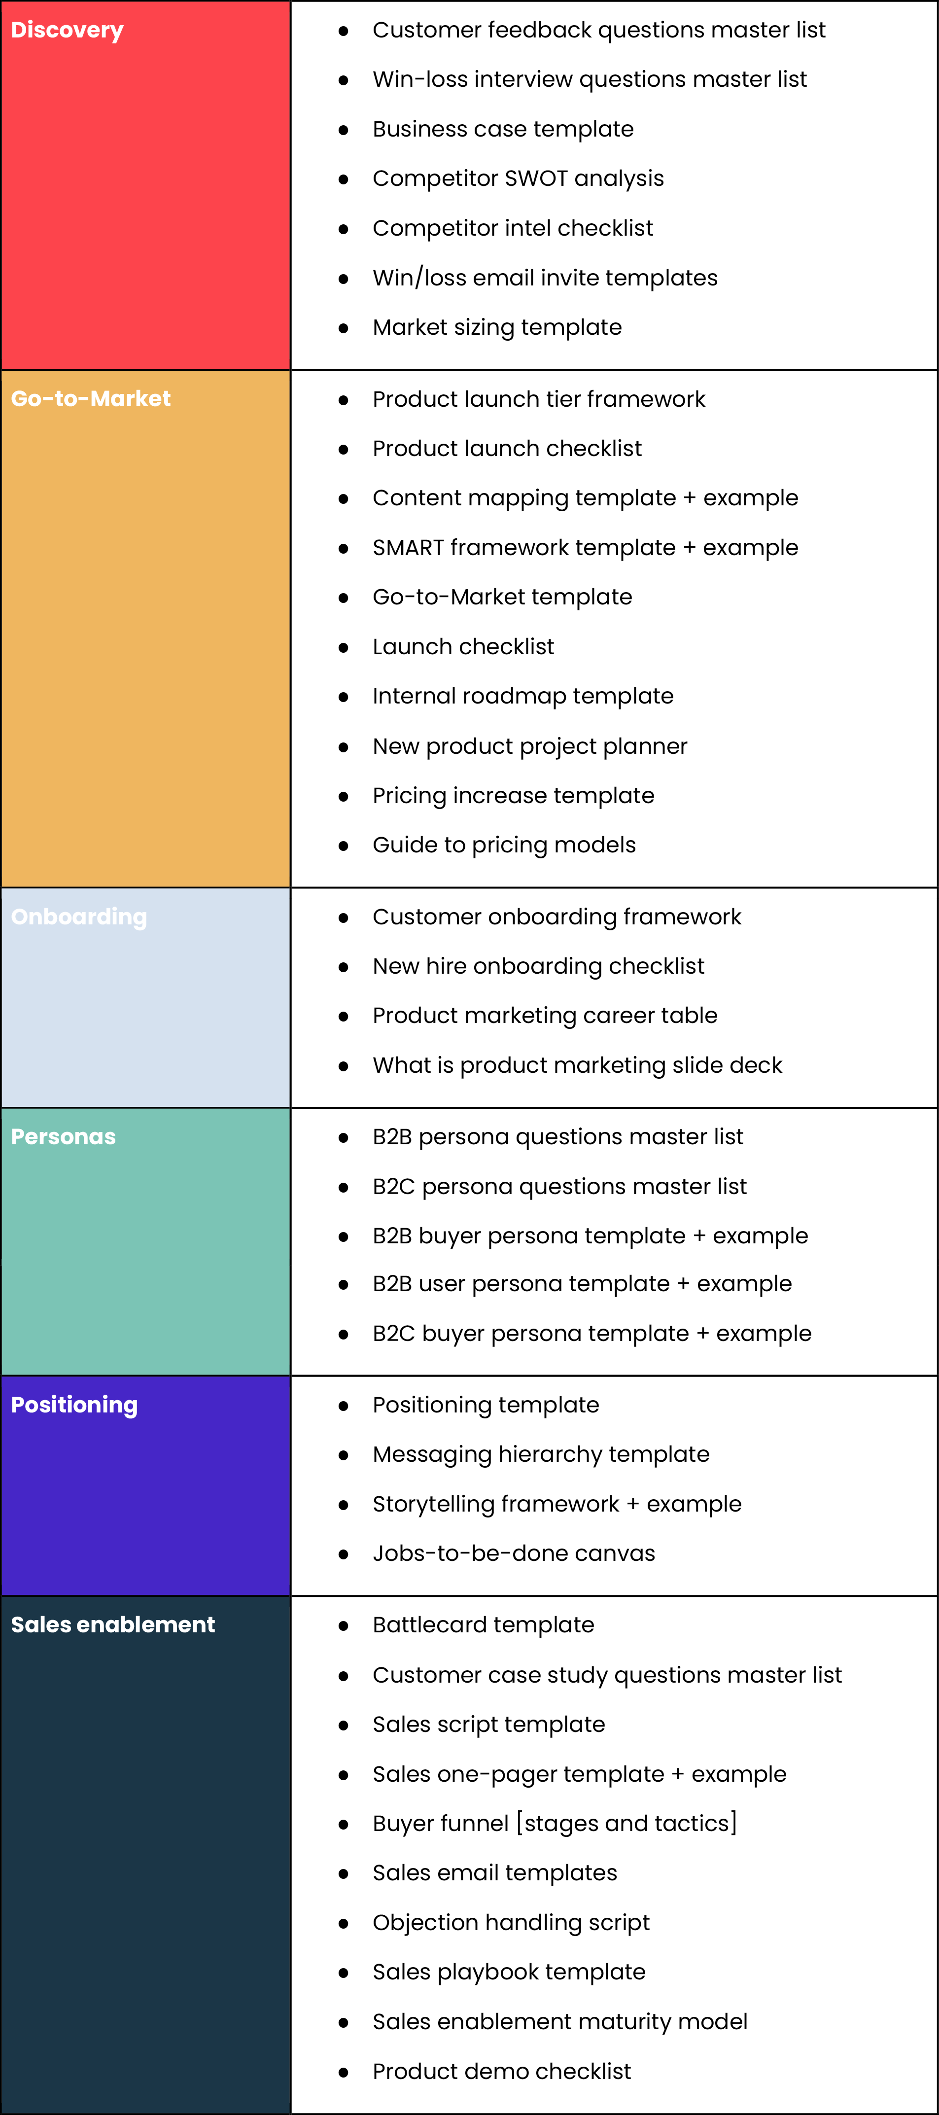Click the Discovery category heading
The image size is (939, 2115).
pos(68,31)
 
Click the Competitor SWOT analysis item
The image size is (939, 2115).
pos(518,179)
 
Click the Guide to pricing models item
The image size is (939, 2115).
pos(504,846)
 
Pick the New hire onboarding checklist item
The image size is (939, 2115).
pos(538,966)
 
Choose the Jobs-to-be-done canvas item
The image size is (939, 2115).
pos(514,1553)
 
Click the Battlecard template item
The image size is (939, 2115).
pos(484,1625)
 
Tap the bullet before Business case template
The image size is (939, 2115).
pos(343,130)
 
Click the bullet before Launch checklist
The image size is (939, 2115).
pos(343,648)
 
